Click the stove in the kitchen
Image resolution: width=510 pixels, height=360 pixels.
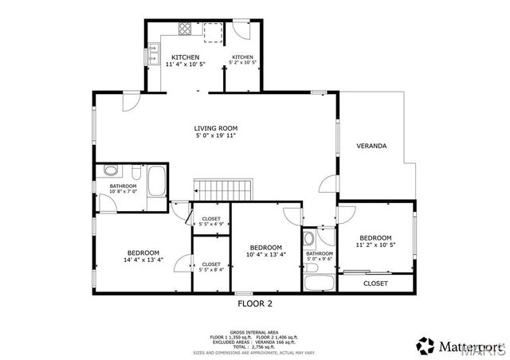pos(185,30)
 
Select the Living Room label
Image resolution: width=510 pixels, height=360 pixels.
pos(216,128)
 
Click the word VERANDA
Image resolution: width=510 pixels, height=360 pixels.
pos(371,147)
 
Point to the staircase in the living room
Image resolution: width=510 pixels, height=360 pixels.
pos(224,191)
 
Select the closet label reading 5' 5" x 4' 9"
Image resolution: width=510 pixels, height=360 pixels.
pos(211,221)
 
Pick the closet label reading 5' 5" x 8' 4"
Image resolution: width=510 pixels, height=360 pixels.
pos(211,267)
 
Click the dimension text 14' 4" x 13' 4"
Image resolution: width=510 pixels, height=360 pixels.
pos(143,260)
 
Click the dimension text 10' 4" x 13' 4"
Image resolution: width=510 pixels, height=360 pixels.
pos(266,254)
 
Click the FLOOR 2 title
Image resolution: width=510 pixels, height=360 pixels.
pos(256,303)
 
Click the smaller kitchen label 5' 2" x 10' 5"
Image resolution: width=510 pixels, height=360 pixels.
pos(242,63)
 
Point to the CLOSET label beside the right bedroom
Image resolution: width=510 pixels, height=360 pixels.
pos(375,284)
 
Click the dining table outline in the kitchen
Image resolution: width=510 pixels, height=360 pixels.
pos(213,33)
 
